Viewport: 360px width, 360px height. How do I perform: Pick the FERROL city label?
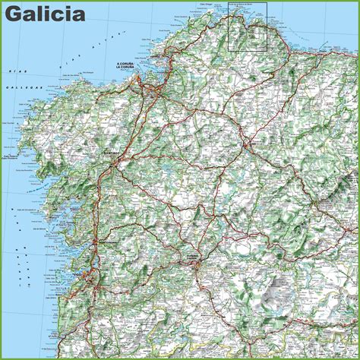click(x=156, y=57)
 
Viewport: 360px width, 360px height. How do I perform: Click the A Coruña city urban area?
click(x=137, y=73)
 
